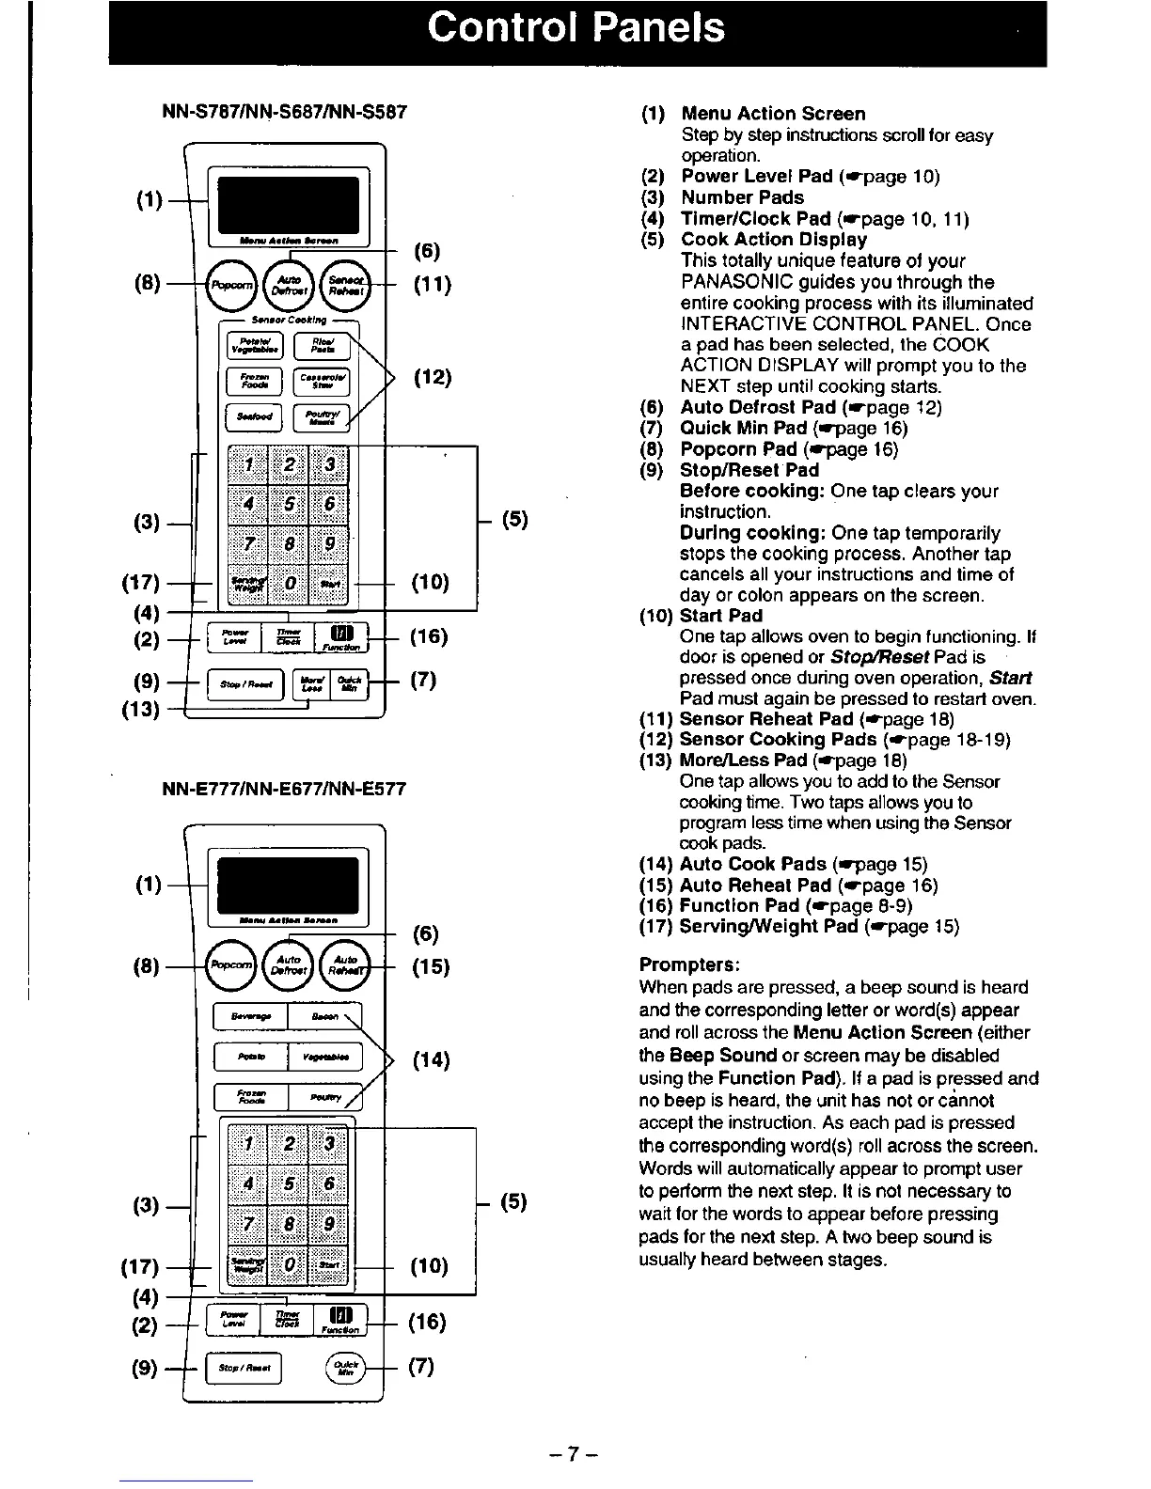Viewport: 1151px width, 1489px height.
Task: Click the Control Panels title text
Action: coord(575,27)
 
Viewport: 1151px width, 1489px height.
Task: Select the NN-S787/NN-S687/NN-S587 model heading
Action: coord(284,112)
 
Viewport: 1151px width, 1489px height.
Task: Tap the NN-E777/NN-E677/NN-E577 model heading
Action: coord(284,789)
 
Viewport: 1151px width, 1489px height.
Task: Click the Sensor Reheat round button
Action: coord(346,284)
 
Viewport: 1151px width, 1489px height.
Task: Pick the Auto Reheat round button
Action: coord(345,966)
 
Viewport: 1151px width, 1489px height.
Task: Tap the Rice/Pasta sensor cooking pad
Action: coord(322,347)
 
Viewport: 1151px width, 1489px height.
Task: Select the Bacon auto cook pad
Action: coord(324,1017)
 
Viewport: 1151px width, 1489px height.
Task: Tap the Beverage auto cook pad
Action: coord(251,1017)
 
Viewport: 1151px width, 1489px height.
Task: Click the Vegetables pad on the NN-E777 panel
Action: coord(324,1058)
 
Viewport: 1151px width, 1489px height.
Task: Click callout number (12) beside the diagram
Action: coord(433,378)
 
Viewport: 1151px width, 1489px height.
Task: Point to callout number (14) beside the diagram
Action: coord(432,1061)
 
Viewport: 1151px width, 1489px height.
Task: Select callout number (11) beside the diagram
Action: coord(433,284)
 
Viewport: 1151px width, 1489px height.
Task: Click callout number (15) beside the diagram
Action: coord(431,966)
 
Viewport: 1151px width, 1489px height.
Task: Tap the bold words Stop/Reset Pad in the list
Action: coord(749,470)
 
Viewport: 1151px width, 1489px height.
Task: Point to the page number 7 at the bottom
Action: coord(575,1457)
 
